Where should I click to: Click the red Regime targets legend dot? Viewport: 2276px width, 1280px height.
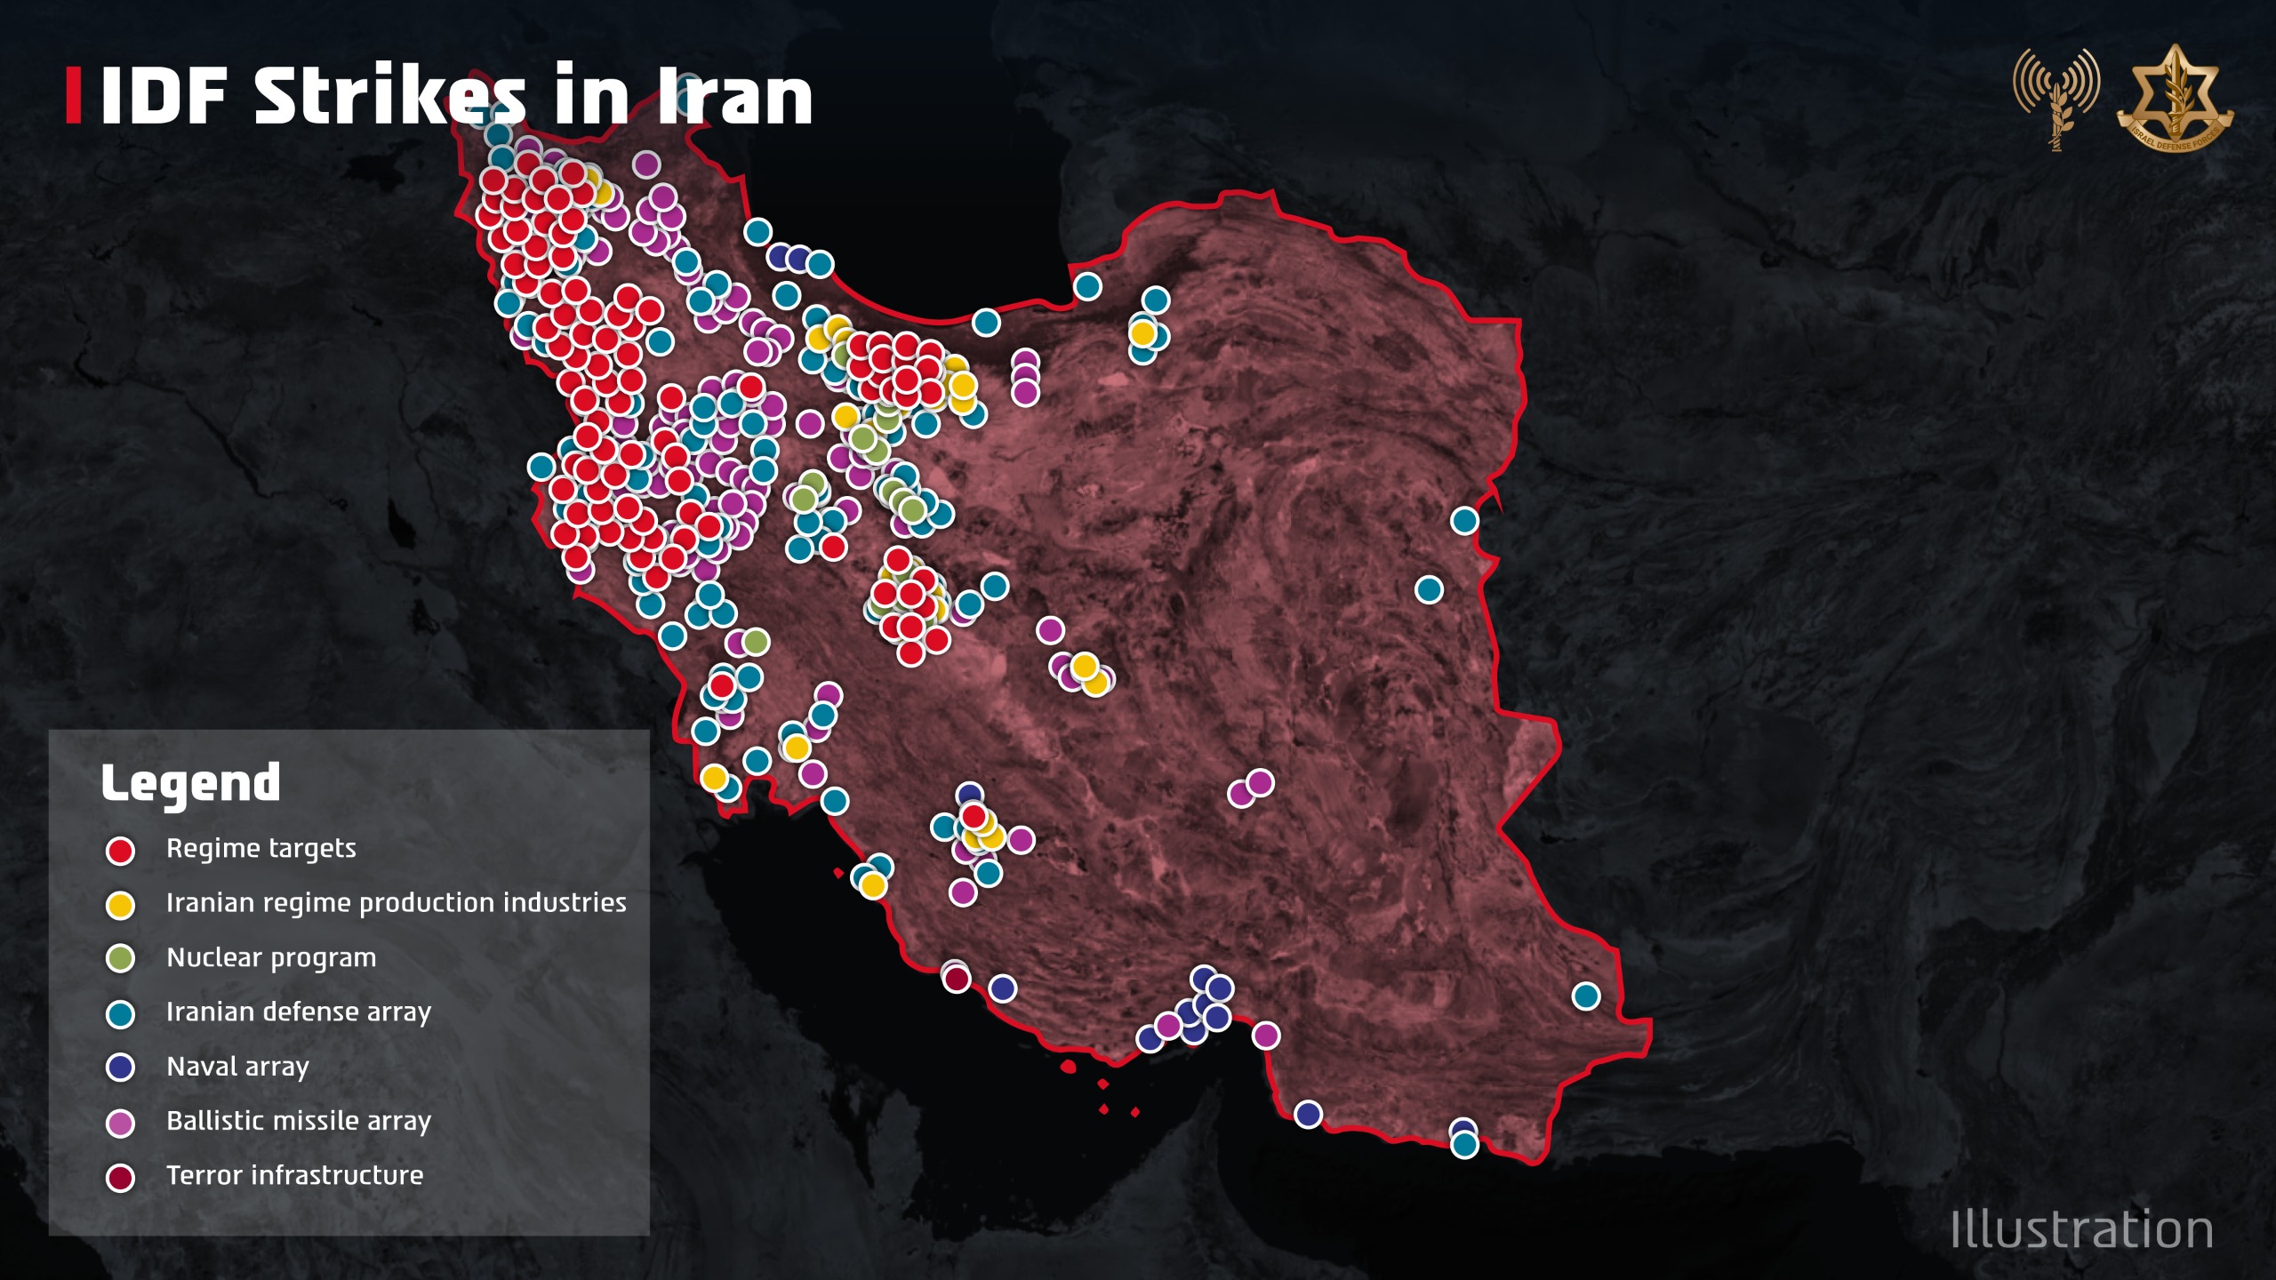(x=120, y=851)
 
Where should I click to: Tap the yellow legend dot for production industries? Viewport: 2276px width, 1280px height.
(x=120, y=905)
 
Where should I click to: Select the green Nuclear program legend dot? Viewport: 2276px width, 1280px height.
(x=120, y=959)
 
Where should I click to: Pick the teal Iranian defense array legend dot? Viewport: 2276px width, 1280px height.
(x=120, y=1014)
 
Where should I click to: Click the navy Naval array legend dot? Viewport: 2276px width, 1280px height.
(x=120, y=1068)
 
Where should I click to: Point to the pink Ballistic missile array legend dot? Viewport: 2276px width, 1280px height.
(x=120, y=1124)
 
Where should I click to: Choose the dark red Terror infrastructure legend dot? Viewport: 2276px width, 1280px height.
(x=120, y=1178)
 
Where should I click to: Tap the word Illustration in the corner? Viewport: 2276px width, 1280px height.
(x=2081, y=1230)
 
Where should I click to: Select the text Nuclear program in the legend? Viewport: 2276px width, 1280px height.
(x=271, y=958)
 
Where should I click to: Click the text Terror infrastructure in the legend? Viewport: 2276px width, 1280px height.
(x=294, y=1175)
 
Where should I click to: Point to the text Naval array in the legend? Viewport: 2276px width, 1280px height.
(x=237, y=1067)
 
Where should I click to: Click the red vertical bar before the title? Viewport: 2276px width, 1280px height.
(x=73, y=96)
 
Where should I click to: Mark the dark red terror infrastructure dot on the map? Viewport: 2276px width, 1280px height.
(x=956, y=979)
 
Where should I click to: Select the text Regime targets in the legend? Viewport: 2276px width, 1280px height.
(x=260, y=849)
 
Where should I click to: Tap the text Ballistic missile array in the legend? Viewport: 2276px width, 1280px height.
(x=299, y=1121)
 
